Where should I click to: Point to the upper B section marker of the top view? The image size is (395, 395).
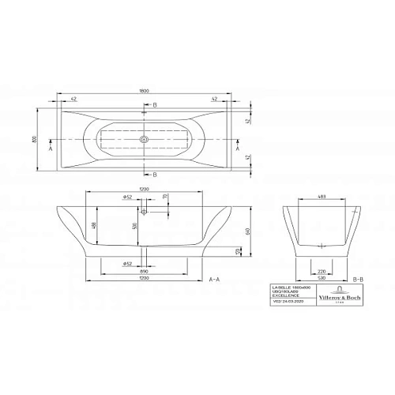155,105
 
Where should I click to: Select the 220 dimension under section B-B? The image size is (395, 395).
321,270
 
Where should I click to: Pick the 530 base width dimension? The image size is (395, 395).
321,278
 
